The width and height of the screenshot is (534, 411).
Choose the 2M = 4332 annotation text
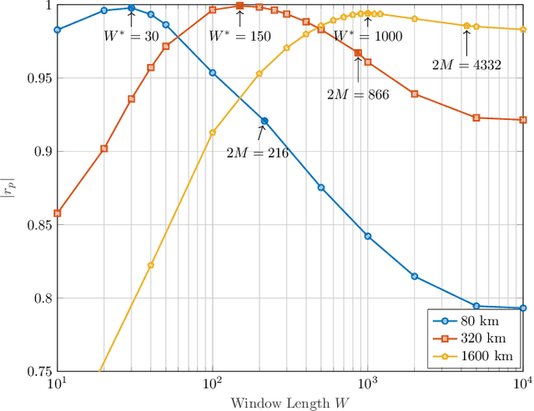(x=466, y=64)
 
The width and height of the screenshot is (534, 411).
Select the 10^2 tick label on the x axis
(x=212, y=383)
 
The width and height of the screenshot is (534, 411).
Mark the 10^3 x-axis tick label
(x=367, y=383)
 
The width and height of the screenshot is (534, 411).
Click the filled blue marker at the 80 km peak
(x=131, y=8)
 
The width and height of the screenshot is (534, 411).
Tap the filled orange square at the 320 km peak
(x=239, y=6)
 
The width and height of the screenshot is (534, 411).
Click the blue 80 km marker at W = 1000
(x=368, y=236)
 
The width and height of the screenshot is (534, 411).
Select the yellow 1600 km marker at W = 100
(x=212, y=133)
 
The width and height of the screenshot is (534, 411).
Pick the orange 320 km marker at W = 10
(x=57, y=213)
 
